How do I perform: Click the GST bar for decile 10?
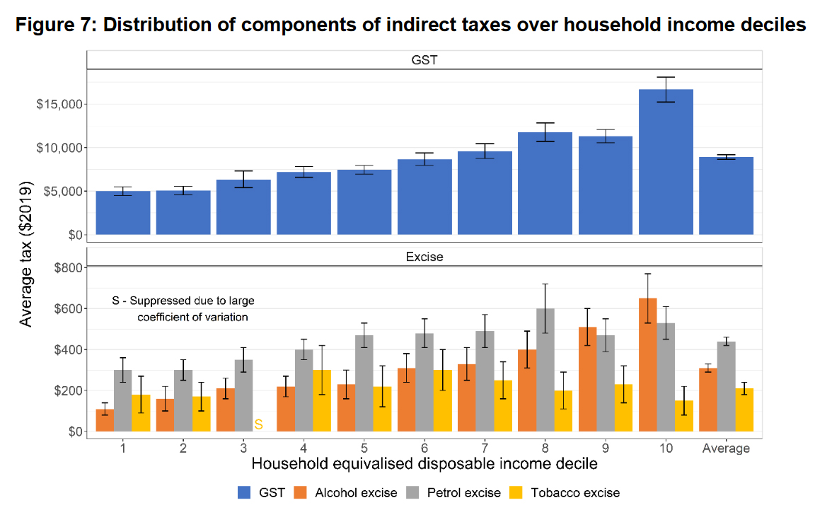click(x=666, y=162)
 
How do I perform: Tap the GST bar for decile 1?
click(x=123, y=213)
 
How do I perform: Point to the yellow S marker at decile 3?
click(x=258, y=424)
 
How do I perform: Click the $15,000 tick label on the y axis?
click(x=61, y=105)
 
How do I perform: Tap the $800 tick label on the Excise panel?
click(x=67, y=267)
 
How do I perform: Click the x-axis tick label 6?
click(x=424, y=448)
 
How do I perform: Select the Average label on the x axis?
click(x=726, y=448)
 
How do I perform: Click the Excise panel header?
click(x=424, y=257)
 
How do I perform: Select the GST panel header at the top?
click(x=424, y=60)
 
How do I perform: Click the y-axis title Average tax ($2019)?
click(x=26, y=255)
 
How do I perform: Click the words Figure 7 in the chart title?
click(x=54, y=25)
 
